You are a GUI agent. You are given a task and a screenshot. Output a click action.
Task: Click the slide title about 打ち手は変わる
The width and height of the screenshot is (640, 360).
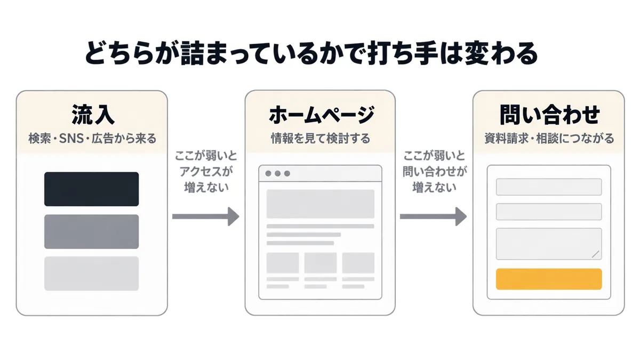pyautogui.click(x=311, y=53)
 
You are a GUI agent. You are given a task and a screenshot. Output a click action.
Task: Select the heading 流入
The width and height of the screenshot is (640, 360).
pyautogui.click(x=93, y=115)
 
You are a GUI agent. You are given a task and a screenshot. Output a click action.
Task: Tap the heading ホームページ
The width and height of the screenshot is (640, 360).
pyautogui.click(x=321, y=115)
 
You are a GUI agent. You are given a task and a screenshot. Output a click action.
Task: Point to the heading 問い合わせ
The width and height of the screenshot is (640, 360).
pyautogui.click(x=549, y=115)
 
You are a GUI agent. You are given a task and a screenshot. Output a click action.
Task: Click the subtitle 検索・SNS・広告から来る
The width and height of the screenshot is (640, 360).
pyautogui.click(x=92, y=139)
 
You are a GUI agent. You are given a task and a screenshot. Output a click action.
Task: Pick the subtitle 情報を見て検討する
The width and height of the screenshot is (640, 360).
pyautogui.click(x=321, y=139)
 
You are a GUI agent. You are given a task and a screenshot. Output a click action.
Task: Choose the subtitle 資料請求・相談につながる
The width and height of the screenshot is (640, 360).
pyautogui.click(x=549, y=139)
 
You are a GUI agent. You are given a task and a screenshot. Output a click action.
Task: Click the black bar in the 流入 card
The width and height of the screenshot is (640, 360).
pyautogui.click(x=91, y=189)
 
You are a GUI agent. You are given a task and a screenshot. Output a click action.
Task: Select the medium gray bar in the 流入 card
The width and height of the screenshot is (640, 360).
pyautogui.click(x=91, y=231)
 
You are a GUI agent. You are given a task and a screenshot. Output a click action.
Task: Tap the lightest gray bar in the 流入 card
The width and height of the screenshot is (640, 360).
pyautogui.click(x=91, y=274)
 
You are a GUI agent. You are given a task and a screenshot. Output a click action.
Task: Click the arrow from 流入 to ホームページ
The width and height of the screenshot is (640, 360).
pyautogui.click(x=205, y=217)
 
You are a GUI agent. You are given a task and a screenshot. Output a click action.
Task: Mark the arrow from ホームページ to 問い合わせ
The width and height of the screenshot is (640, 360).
pyautogui.click(x=433, y=217)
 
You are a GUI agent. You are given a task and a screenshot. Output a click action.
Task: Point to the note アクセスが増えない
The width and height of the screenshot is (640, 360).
pyautogui.click(x=206, y=179)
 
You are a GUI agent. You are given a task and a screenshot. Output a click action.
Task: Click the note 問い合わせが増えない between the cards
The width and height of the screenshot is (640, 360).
pyautogui.click(x=435, y=179)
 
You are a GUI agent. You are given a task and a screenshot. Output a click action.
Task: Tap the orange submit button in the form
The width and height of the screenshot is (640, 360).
pyautogui.click(x=549, y=279)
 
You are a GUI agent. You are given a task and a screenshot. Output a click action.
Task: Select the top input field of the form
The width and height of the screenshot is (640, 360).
pyautogui.click(x=549, y=187)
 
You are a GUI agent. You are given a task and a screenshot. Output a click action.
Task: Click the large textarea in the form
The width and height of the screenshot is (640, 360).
pyautogui.click(x=549, y=244)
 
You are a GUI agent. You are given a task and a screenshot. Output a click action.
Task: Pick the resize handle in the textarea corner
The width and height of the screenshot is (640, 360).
pyautogui.click(x=595, y=254)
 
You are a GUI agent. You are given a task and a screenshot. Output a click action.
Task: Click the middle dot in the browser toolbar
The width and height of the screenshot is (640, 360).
pyautogui.click(x=277, y=173)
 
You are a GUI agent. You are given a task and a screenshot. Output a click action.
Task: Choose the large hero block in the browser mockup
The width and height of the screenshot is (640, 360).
pyautogui.click(x=321, y=204)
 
